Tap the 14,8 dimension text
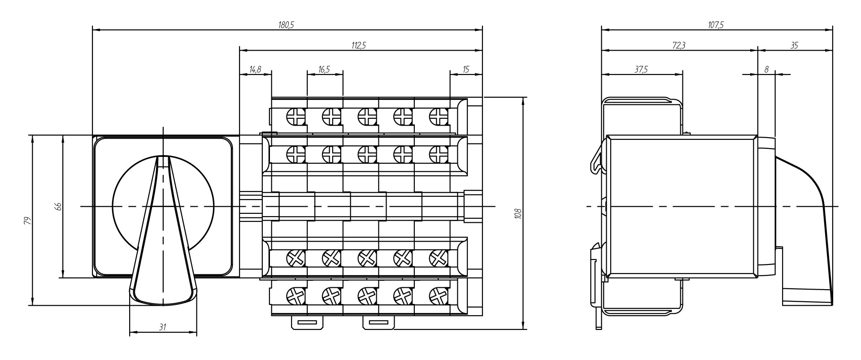click(x=255, y=69)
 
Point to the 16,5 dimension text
click(x=324, y=69)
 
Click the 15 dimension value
click(x=466, y=69)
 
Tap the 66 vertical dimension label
click(x=57, y=206)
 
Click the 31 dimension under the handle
click(x=163, y=328)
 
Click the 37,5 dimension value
click(x=641, y=69)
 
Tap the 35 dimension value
click(x=794, y=45)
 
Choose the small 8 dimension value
click(x=766, y=69)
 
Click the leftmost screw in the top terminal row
click(x=296, y=117)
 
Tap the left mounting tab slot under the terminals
click(x=308, y=322)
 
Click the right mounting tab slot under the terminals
click(x=378, y=322)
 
